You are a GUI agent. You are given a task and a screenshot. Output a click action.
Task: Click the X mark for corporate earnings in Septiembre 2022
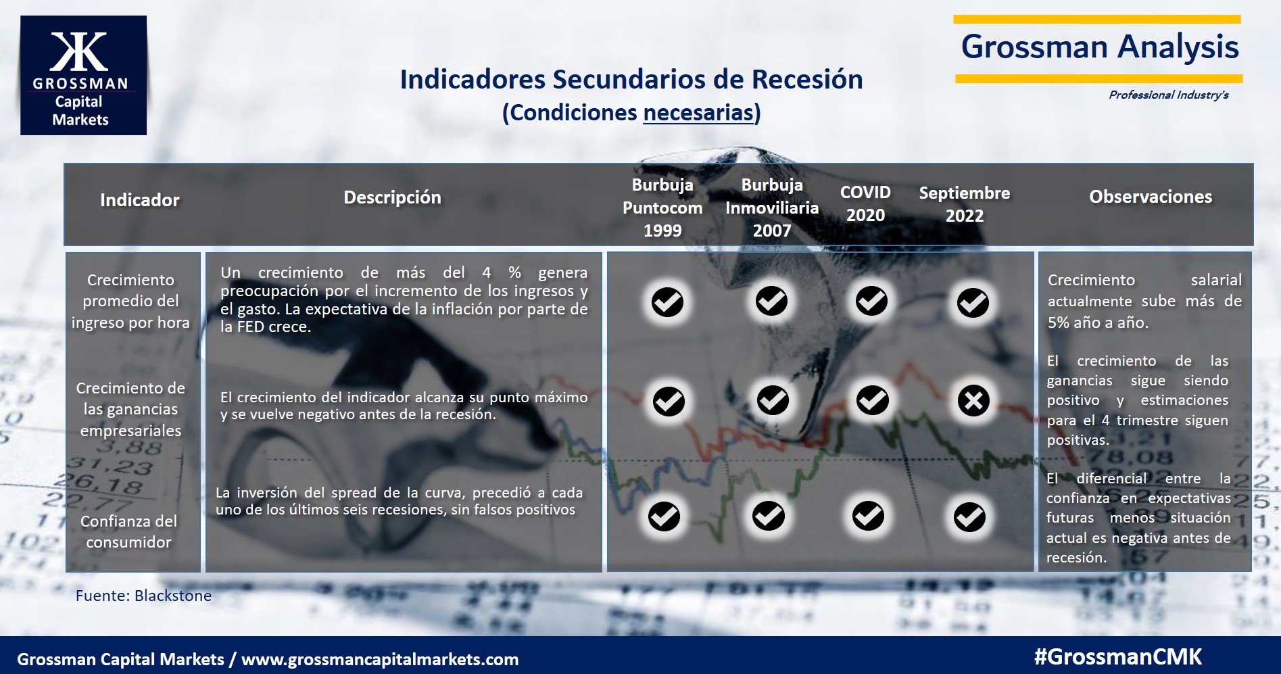(973, 401)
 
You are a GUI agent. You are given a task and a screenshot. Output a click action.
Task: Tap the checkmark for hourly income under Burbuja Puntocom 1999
(667, 302)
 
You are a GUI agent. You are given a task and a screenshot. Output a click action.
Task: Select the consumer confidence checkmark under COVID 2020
(868, 516)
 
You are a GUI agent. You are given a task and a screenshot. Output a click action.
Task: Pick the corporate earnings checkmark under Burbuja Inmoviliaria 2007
(773, 400)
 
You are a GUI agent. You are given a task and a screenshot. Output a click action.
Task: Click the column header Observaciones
(1151, 197)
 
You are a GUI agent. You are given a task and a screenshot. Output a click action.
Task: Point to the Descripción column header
(392, 197)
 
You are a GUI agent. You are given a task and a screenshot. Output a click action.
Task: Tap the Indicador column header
(140, 200)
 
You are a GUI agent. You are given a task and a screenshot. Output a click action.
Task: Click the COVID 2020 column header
(865, 203)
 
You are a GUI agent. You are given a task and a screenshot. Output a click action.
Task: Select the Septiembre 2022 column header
(965, 204)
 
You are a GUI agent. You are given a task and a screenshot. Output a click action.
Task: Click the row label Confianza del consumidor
(128, 531)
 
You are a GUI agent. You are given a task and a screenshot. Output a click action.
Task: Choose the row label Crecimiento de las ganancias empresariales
(130, 409)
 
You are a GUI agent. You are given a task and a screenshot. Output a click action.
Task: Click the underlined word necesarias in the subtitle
(698, 112)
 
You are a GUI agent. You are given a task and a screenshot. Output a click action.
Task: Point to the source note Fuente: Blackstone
(143, 596)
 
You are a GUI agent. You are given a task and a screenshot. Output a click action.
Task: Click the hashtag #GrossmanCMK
(1118, 656)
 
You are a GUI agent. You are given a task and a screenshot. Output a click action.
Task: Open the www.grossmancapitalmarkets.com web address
(380, 660)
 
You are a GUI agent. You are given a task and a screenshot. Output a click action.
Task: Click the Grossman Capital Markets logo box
(83, 75)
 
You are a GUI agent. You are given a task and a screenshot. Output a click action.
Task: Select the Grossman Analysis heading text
(1100, 47)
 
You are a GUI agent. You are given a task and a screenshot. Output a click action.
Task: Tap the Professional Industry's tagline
(1168, 95)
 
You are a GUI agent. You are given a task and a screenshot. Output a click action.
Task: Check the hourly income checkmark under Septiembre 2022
(973, 302)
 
